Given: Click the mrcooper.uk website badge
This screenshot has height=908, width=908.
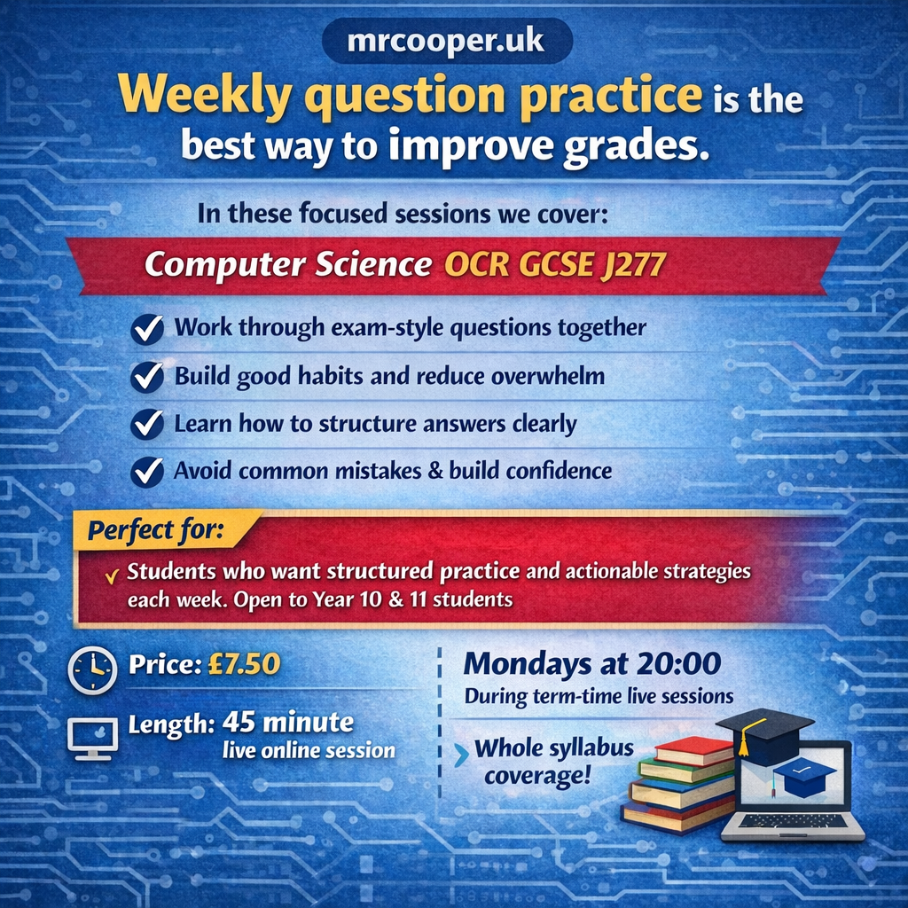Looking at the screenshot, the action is pos(447,41).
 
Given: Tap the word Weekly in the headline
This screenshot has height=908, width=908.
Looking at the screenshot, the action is pos(205,95).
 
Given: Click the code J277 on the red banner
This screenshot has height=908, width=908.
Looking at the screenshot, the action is pos(633,265).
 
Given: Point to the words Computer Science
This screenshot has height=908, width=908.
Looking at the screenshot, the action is pos(288,264).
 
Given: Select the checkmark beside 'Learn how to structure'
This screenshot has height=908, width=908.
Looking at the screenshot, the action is pos(147,425).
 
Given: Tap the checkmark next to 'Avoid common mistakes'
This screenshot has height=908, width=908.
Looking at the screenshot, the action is pos(147,472).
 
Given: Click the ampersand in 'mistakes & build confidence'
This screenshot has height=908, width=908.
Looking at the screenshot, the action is pos(434,471).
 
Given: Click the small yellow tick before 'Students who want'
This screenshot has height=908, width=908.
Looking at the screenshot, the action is pos(112,575).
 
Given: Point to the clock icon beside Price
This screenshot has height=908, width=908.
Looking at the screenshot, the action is pos(92,670).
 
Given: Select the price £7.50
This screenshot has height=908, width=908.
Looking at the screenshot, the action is pos(244,663).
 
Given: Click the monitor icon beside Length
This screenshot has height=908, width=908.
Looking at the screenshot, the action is pos(92,739).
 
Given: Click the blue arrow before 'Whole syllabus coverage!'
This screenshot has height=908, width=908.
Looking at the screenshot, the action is pos(461,755).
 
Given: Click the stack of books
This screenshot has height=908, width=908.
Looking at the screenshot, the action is pos(678,785).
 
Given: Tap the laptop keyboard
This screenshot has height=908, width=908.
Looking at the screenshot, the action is pos(787,821).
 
